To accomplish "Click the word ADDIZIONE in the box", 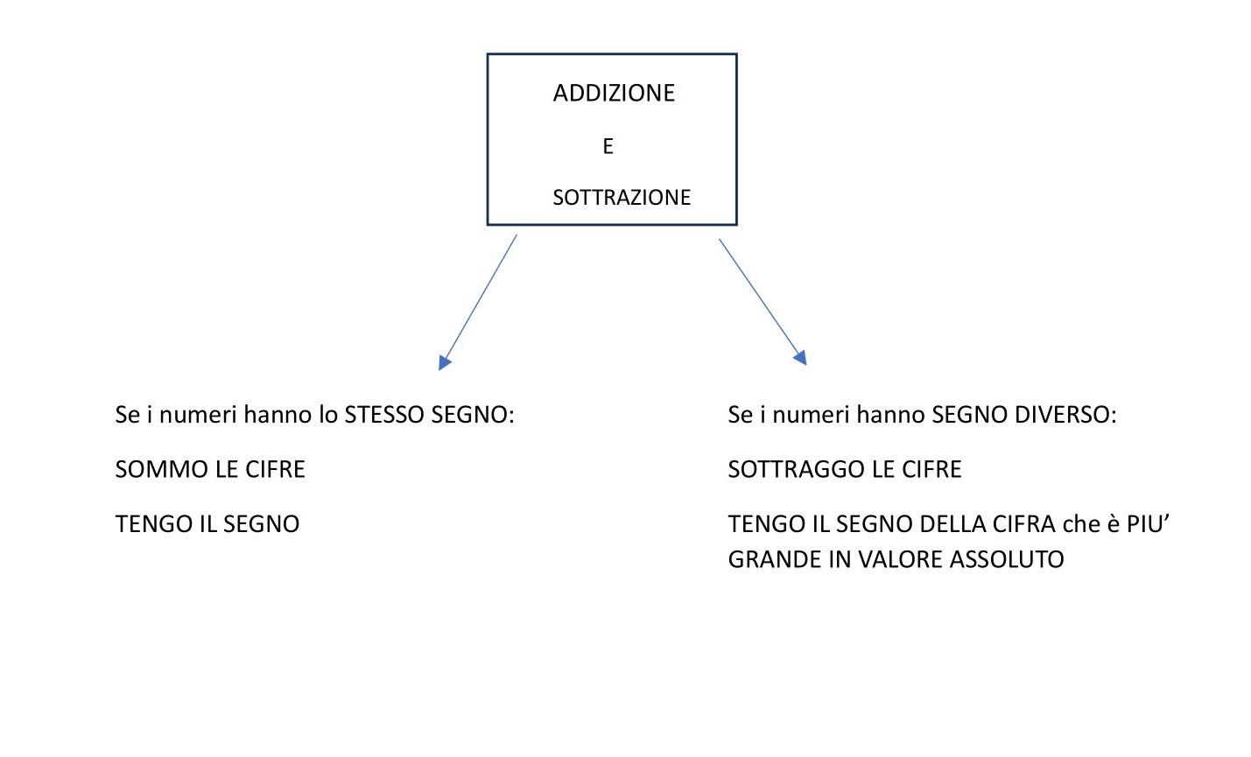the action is pos(614,94).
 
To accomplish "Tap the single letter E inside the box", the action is pos(608,146).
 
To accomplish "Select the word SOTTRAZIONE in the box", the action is pos(622,198).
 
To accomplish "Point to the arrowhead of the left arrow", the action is pos(445,362).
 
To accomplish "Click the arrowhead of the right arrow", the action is pos(800,358).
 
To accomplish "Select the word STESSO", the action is pos(384,415).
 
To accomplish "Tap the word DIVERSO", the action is pos(1065,415).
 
